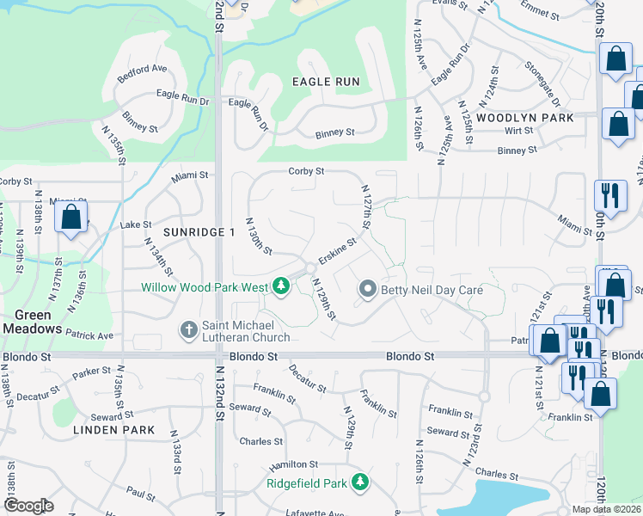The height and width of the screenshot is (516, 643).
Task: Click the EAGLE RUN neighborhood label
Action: [325, 82]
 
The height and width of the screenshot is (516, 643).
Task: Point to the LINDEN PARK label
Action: [113, 429]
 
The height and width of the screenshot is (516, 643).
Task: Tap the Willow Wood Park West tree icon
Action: [280, 286]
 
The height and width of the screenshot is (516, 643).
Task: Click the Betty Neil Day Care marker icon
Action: [369, 290]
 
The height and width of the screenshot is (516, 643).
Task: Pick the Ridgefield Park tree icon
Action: [363, 482]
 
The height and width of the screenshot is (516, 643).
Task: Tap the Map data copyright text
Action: [607, 509]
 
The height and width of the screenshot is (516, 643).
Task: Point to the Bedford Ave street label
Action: [141, 70]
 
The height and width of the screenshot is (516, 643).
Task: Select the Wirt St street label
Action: [518, 131]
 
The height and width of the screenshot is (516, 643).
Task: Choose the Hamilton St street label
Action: [287, 465]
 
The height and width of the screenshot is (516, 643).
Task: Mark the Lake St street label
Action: [136, 225]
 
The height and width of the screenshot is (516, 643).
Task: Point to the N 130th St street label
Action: [260, 236]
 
